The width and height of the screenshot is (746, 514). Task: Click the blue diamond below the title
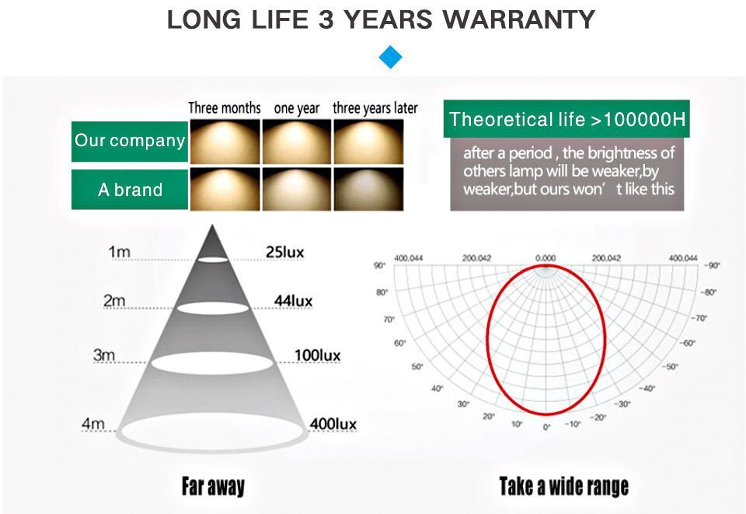pos(390,57)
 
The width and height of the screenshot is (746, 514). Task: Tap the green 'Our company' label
pos(130,141)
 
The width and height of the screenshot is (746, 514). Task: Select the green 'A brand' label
pos(130,190)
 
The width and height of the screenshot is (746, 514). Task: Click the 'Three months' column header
pos(224,108)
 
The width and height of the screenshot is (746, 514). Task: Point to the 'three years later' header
pos(375,108)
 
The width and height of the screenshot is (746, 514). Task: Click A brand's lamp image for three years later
pos(368,189)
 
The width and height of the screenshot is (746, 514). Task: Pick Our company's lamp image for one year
pos(296,141)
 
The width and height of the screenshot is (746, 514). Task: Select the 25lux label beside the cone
pos(284,252)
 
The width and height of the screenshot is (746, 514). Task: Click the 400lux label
pos(333,424)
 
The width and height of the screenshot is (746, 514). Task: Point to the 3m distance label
pos(104,355)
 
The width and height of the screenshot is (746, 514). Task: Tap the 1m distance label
pos(119,252)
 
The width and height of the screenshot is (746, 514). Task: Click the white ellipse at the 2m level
pos(214,307)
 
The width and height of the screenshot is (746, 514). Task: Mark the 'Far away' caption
pos(212,487)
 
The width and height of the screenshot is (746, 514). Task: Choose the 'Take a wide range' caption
pos(563,487)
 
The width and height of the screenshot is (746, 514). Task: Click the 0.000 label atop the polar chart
pos(546,257)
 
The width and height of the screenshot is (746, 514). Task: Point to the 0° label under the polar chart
pos(546,427)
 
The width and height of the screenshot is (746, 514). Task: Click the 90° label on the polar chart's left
pos(379,265)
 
